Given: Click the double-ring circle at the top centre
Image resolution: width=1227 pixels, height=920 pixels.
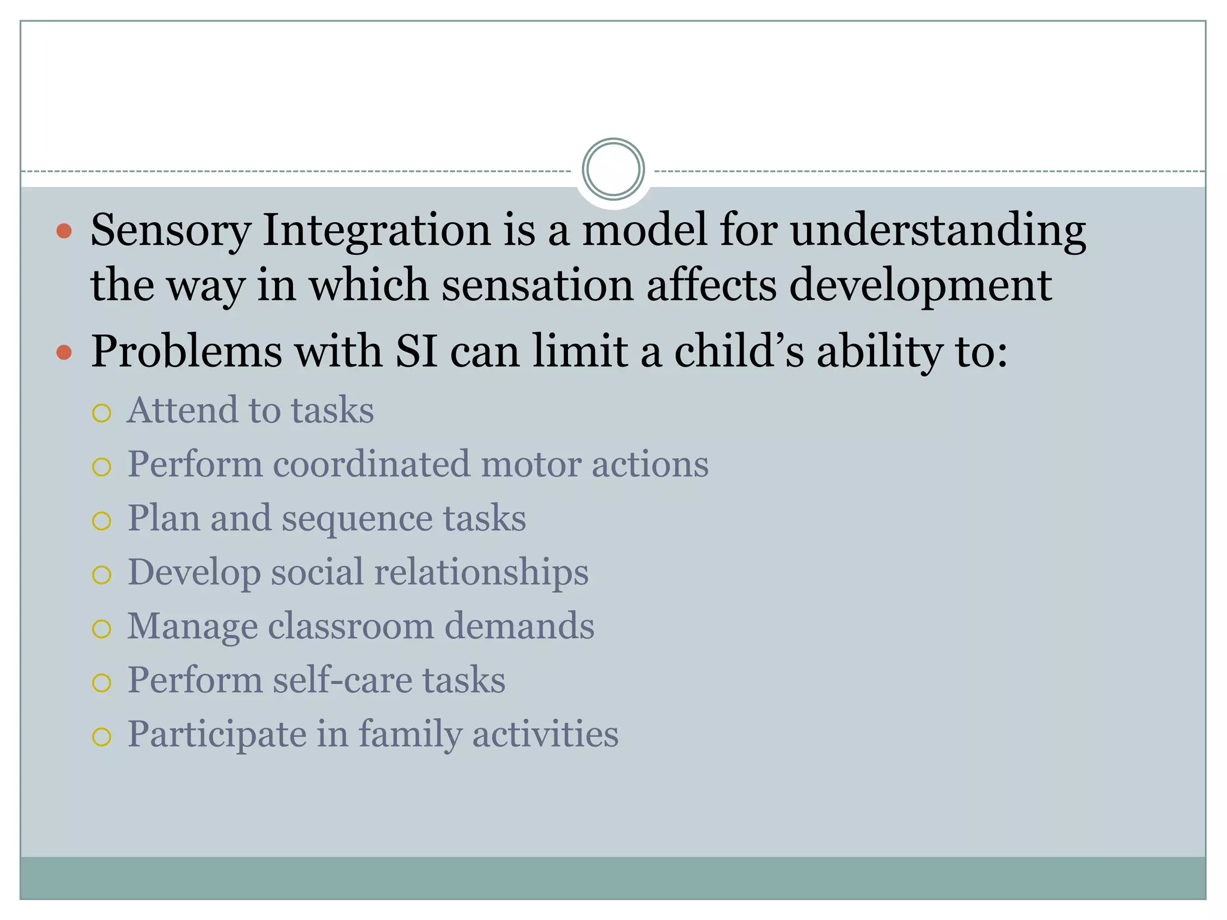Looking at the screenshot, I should click(613, 170).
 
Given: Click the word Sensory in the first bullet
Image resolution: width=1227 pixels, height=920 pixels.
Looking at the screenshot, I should click(170, 231).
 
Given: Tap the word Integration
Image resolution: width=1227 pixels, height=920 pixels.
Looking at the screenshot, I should click(377, 231).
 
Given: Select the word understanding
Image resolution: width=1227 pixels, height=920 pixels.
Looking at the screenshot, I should click(938, 231).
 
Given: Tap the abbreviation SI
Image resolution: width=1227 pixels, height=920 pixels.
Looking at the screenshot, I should click(416, 352).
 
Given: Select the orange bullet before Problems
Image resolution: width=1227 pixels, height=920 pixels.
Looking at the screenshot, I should click(64, 352).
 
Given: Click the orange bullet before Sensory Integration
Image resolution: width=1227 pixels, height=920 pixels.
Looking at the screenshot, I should click(64, 231).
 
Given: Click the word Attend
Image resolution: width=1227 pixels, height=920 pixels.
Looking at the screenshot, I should click(182, 411).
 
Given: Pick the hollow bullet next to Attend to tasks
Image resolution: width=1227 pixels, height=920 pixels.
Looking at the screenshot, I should click(102, 413).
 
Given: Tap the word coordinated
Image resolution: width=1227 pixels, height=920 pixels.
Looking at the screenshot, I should click(371, 465).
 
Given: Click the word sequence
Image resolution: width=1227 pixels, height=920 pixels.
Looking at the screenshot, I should click(357, 519).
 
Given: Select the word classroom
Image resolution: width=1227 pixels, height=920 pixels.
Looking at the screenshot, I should click(350, 627).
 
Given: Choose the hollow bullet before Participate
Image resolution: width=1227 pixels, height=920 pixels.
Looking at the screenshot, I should click(102, 737).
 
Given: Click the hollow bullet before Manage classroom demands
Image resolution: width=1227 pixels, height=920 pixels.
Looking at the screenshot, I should click(102, 629).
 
